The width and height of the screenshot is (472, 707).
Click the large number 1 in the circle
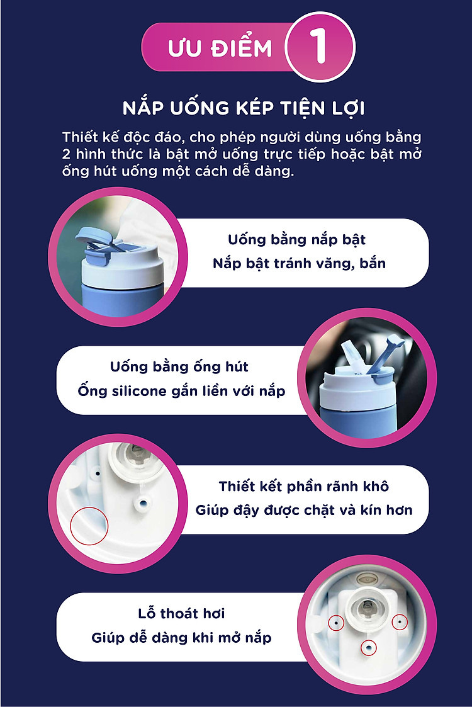pos(320,46)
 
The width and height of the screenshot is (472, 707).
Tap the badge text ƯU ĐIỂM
pos(220,48)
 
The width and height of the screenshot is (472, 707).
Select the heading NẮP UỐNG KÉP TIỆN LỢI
pos(244,108)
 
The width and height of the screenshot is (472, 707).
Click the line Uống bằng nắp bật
pos(296,240)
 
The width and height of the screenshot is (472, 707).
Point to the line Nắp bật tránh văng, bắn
pos(300,263)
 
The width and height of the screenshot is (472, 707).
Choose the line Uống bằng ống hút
pos(179,367)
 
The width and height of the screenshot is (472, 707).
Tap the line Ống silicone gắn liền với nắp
pos(181,391)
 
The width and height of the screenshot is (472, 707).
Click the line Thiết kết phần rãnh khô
pos(304,487)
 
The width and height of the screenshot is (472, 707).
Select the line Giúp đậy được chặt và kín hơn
pos(304,511)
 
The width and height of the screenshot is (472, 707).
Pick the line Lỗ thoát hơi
pos(181,614)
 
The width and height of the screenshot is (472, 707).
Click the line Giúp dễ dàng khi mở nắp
pos(181,638)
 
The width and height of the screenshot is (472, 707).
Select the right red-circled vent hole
pos(400,623)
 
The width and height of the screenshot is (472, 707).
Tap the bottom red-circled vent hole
pos(368,648)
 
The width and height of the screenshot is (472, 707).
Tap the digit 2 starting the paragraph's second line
pos(66,154)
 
